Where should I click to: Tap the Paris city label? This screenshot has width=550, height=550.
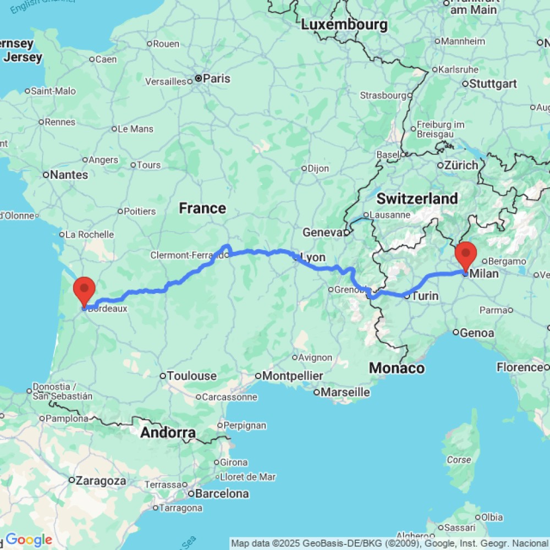[x=216, y=79]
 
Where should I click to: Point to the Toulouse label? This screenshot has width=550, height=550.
[x=192, y=376]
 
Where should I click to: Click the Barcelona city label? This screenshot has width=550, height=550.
[x=222, y=493]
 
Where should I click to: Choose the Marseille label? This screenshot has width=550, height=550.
[x=345, y=392]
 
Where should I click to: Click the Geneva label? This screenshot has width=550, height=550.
[x=323, y=233]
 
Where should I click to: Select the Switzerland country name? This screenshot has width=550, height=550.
[x=417, y=199]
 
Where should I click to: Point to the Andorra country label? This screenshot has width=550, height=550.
[x=168, y=433]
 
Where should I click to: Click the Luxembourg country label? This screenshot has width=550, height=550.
[x=344, y=25]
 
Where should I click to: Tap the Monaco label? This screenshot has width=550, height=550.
[x=397, y=368]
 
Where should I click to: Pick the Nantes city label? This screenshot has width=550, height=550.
[x=69, y=175]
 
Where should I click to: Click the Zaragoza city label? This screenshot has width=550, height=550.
[x=101, y=480]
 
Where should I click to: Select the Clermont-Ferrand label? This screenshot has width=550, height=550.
[x=187, y=255]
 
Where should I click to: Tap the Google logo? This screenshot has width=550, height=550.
[x=29, y=540]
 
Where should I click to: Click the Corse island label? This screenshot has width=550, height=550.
[x=459, y=460]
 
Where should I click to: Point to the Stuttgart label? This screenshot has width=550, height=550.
[x=493, y=84]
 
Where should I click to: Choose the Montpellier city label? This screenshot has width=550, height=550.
[x=292, y=376]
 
